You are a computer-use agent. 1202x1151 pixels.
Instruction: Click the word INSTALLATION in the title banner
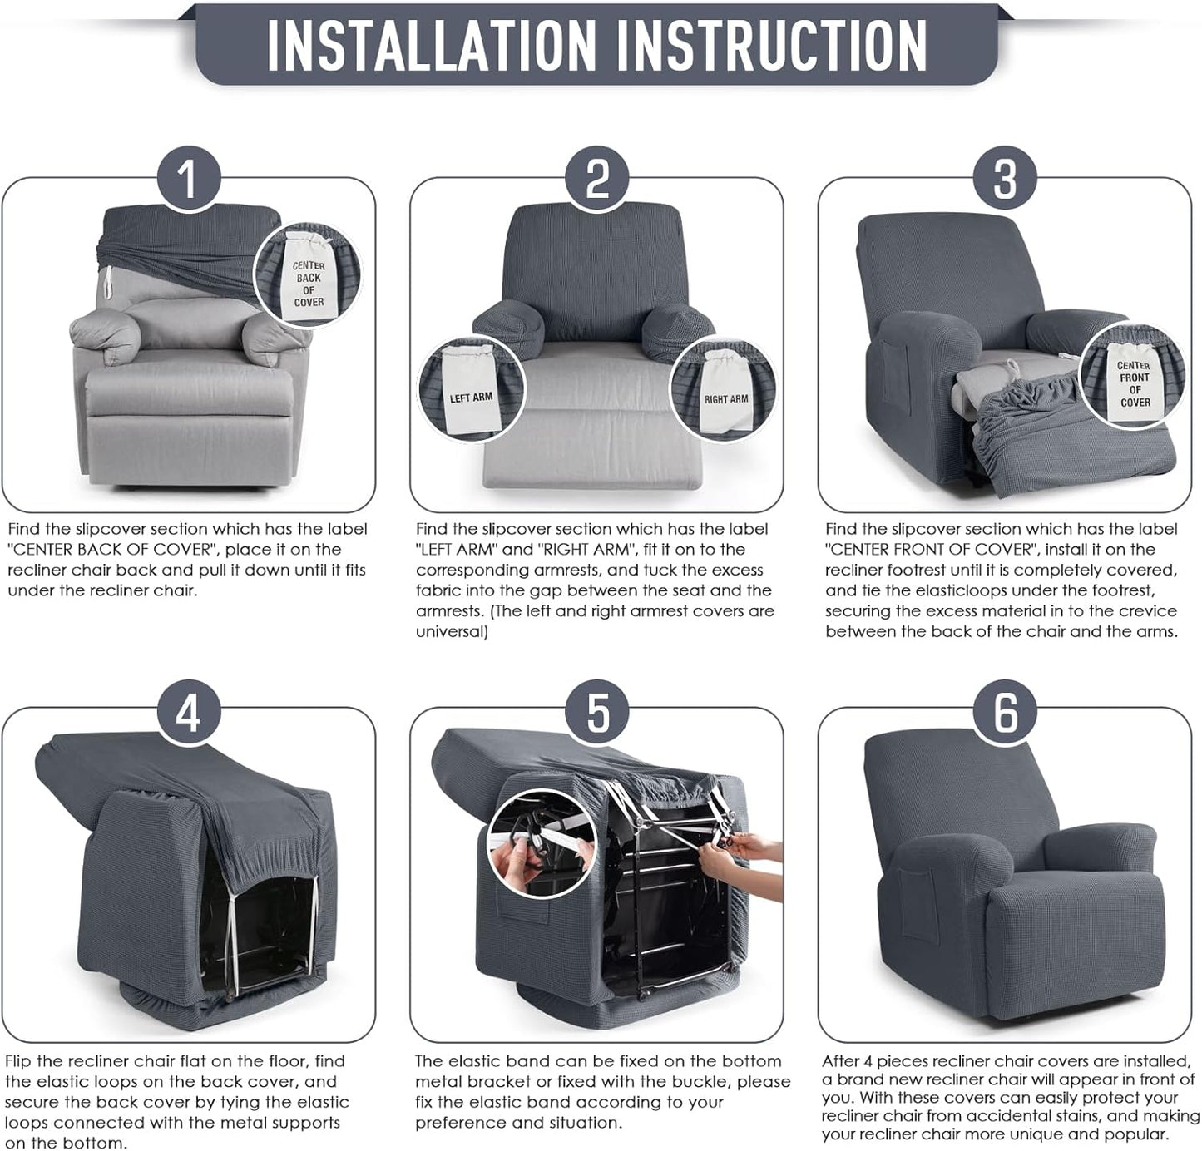click(431, 44)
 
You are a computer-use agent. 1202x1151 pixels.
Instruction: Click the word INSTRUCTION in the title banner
click(771, 44)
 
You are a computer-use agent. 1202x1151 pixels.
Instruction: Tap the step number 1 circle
click(188, 179)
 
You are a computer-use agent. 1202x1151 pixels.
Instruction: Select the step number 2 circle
click(597, 179)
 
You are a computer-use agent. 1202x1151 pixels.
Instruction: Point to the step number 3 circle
click(1005, 179)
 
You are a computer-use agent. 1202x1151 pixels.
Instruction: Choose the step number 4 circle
click(188, 714)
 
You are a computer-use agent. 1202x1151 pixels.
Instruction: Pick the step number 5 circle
click(597, 714)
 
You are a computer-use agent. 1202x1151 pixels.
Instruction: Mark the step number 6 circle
click(1005, 714)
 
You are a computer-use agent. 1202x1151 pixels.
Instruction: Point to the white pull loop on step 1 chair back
click(106, 282)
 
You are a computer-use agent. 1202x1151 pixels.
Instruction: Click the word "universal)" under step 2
click(452, 632)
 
